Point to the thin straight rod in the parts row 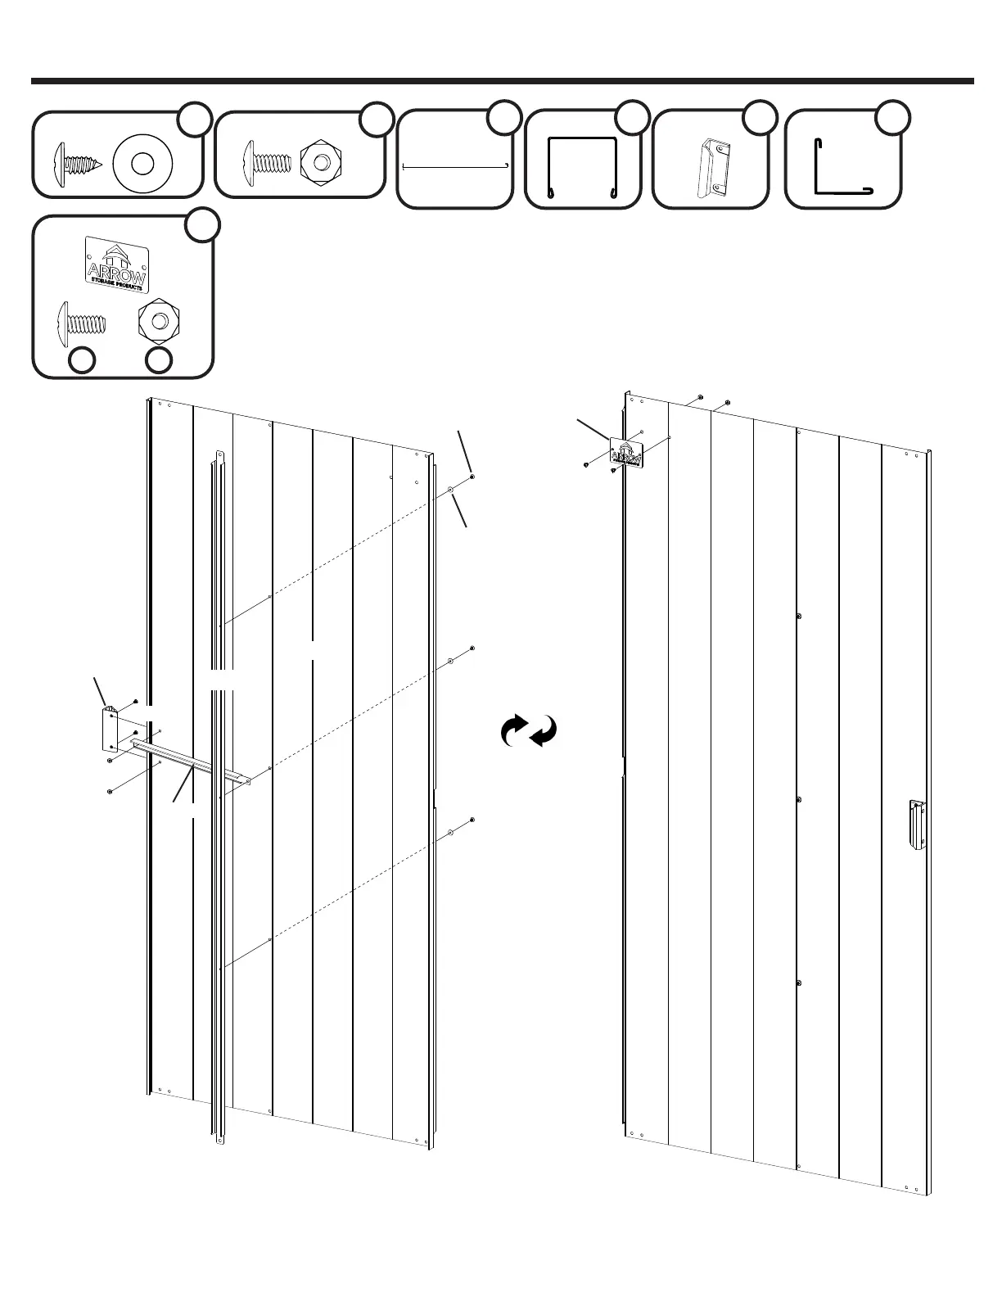pos(455,166)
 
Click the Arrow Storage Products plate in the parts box pos(116,263)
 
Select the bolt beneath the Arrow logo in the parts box pos(81,320)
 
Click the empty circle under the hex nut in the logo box pos(160,359)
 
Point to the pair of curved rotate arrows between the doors pos(529,730)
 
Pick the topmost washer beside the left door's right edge pos(451,490)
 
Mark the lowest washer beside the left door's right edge pos(451,832)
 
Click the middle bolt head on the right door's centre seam pos(799,799)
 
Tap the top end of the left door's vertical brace pos(219,455)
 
